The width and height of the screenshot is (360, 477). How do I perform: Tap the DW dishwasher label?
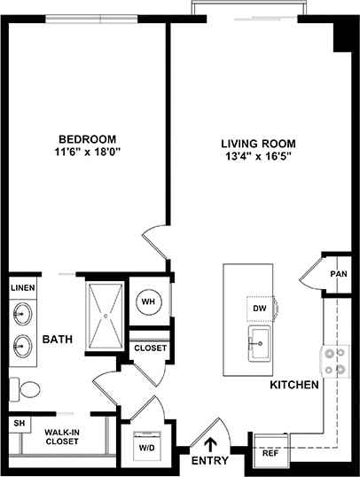[x=259, y=308]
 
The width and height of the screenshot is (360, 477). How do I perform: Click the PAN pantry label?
[x=338, y=275]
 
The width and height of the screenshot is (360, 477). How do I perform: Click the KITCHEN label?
[x=295, y=386]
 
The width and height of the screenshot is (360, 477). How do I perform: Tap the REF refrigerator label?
[x=270, y=464]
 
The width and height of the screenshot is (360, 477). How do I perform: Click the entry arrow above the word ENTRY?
[x=211, y=441]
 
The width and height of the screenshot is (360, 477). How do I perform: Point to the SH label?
[x=19, y=424]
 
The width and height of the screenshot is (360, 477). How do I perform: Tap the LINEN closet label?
[x=22, y=288]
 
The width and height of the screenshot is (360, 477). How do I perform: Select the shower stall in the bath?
[x=106, y=314]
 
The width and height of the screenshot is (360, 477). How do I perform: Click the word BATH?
[x=57, y=340]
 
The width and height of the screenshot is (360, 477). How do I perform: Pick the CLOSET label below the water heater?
[x=150, y=348]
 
